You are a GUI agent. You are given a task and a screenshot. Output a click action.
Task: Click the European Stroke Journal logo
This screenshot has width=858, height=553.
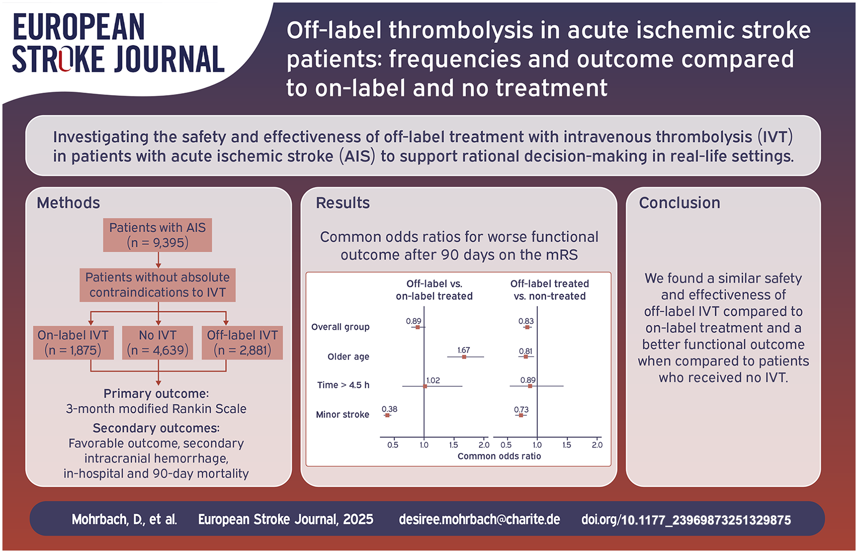[118, 43]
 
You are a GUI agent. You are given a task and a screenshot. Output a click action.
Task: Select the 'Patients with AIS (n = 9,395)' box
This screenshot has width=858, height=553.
[157, 235]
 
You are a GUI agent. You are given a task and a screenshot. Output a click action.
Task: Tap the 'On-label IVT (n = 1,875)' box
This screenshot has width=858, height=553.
[73, 343]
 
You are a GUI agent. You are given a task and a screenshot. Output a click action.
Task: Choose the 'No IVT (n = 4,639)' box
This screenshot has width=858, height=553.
[157, 343]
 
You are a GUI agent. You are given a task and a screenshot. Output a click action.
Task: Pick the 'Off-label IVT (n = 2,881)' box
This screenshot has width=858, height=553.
[242, 343]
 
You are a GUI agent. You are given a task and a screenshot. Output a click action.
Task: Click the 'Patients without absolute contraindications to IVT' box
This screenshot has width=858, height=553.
[157, 285]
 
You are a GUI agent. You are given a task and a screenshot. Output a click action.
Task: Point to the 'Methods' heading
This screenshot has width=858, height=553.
[68, 203]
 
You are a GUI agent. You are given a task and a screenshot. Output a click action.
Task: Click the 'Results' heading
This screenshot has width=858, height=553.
[343, 203]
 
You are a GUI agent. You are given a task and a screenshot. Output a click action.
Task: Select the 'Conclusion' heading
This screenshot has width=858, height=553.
[680, 203]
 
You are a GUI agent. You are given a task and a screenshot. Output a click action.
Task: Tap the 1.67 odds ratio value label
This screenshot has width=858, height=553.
[463, 350]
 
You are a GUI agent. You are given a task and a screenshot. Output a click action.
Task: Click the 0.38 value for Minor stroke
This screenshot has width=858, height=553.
[389, 409]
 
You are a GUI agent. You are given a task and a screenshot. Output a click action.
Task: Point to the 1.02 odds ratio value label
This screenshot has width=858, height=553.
[433, 380]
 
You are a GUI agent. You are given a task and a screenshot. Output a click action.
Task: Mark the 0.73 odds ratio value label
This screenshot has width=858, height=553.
[521, 409]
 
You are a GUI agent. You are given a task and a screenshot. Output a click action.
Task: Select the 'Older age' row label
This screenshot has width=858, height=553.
[348, 357]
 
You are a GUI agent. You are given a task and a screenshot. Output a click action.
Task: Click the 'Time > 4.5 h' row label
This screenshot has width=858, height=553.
[343, 385]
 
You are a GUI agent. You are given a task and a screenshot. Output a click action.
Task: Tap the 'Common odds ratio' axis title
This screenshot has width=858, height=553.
[499, 456]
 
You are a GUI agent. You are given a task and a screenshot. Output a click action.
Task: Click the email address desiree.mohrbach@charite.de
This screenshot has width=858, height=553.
[479, 520]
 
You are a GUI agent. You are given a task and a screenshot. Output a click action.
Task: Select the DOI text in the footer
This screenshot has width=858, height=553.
[686, 520]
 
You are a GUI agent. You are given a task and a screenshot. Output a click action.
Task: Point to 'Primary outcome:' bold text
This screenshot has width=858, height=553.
[156, 394]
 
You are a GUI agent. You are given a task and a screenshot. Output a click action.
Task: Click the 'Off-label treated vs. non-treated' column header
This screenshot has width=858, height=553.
[550, 290]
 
